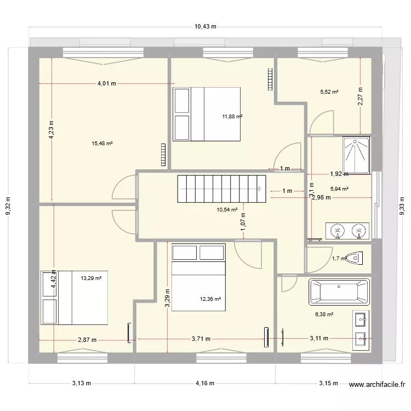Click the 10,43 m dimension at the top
(x=206, y=26)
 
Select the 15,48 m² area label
(x=102, y=144)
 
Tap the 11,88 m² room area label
(x=232, y=116)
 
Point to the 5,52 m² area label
(x=329, y=92)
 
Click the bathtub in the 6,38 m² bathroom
(x=339, y=292)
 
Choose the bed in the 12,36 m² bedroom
(x=198, y=278)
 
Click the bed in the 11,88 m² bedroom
(x=207, y=114)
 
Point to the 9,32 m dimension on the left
(x=8, y=206)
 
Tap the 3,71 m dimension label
(x=202, y=340)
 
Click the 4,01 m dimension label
(x=107, y=84)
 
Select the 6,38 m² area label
(x=324, y=315)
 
